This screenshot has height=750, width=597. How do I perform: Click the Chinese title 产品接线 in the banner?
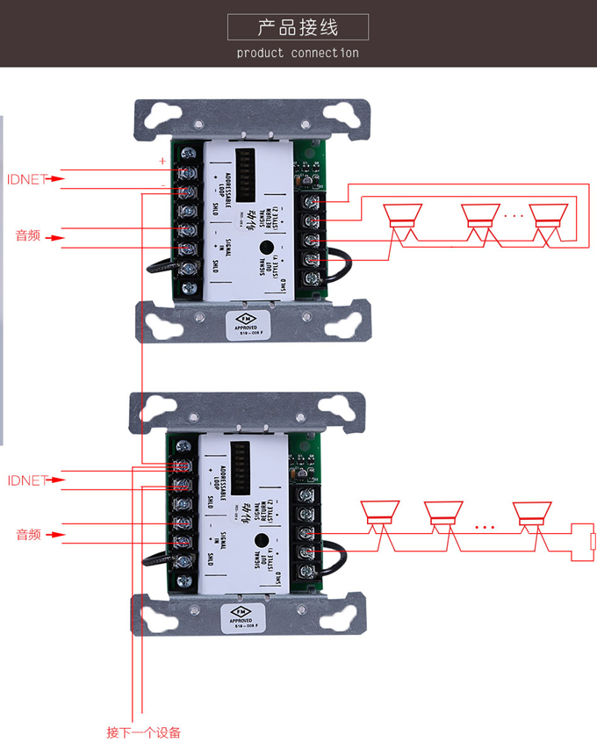coord(298,26)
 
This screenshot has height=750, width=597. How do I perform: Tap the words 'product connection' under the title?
coord(298,53)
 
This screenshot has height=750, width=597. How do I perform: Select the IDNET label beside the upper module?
coord(25,179)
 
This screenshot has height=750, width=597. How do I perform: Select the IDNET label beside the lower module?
coord(25,480)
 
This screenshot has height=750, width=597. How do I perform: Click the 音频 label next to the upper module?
coord(28,235)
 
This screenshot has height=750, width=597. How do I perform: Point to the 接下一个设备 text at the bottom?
coord(143,732)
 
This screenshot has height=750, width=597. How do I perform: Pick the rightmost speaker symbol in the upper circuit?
coord(550,216)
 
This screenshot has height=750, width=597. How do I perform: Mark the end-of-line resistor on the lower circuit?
coord(592,540)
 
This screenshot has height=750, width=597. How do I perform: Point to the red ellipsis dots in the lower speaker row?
coord(485,528)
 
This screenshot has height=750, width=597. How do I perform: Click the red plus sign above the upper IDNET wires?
coord(162,161)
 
